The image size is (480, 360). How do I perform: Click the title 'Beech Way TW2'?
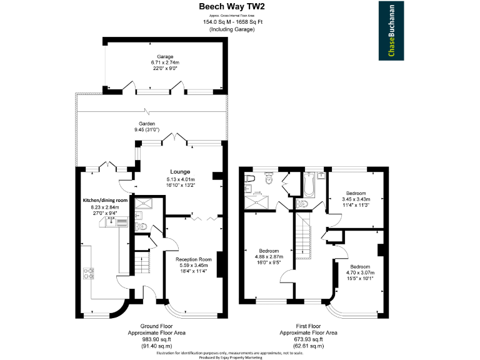coord(231,6)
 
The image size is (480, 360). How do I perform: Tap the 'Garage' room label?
coord(165,57)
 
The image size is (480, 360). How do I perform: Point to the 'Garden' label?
coord(147,124)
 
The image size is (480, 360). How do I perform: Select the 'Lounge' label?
coord(180,171)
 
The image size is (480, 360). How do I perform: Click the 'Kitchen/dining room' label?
coord(106,200)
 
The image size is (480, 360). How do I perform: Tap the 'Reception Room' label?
coord(194,259)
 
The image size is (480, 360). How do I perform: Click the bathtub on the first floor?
coord(310,186)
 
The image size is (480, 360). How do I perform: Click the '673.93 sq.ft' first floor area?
coord(309,339)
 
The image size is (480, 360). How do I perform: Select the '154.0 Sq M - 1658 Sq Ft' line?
coord(232,22)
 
